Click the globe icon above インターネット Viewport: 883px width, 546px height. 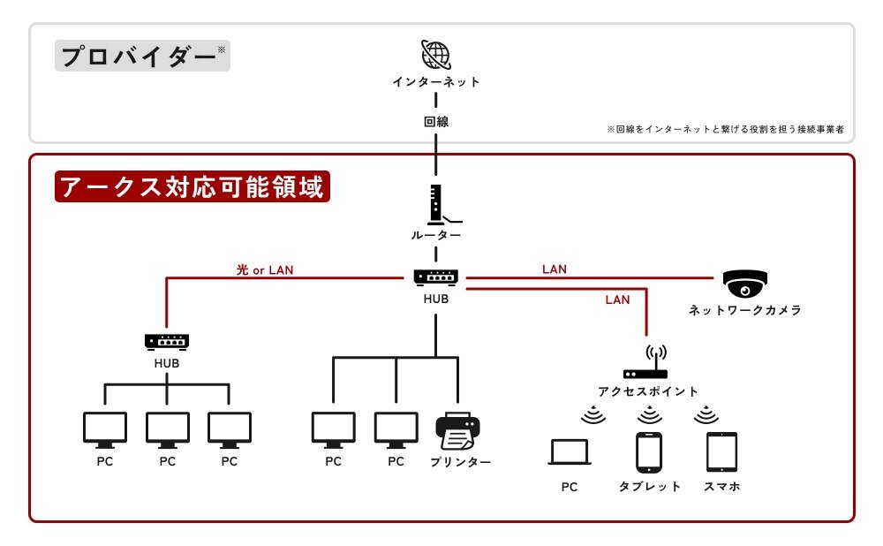[436, 55]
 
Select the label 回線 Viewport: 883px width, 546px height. [436, 122]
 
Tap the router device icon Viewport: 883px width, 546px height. [436, 204]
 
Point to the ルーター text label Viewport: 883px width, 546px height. [436, 235]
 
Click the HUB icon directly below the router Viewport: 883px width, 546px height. [436, 277]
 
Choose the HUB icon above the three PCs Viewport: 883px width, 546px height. [167, 340]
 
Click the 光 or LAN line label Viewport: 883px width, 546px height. [265, 270]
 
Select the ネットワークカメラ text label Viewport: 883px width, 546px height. [745, 311]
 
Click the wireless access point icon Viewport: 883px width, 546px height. [646, 363]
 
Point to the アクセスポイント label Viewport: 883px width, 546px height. [648, 391]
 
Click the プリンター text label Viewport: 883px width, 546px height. [461, 462]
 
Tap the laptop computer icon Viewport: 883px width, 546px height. [570, 452]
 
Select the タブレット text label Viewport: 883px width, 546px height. [650, 487]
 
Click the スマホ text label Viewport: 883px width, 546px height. [721, 487]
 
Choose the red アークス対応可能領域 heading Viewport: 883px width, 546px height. [192, 187]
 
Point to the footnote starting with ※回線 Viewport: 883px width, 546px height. [725, 129]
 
